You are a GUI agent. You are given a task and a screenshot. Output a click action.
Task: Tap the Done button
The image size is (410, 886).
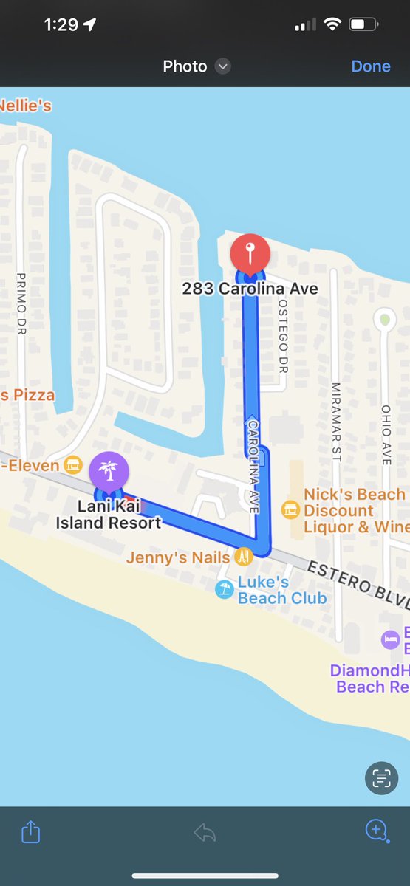(x=371, y=66)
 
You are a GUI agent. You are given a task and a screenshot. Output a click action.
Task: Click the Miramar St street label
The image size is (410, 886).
(x=336, y=422)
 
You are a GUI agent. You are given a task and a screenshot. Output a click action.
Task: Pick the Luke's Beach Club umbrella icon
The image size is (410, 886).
(x=224, y=589)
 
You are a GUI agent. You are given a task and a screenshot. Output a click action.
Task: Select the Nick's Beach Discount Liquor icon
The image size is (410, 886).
(x=290, y=509)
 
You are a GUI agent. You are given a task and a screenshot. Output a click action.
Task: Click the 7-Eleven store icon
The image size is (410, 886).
(x=72, y=465)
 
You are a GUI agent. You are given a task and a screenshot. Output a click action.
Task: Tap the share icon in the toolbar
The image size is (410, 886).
(x=30, y=832)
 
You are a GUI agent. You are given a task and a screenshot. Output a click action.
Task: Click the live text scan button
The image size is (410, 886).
(x=381, y=777)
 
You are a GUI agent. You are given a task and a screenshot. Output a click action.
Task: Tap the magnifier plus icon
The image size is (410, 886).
(x=377, y=831)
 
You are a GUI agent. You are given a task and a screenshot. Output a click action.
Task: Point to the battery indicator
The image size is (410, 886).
(x=363, y=24)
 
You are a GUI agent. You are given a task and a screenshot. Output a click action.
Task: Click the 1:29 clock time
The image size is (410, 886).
(x=61, y=24)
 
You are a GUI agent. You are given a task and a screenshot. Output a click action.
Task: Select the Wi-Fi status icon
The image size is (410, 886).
(x=332, y=24)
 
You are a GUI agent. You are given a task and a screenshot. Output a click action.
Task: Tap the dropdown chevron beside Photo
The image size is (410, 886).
(x=222, y=66)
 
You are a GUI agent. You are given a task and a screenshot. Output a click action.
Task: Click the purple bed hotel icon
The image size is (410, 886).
(x=390, y=639)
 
